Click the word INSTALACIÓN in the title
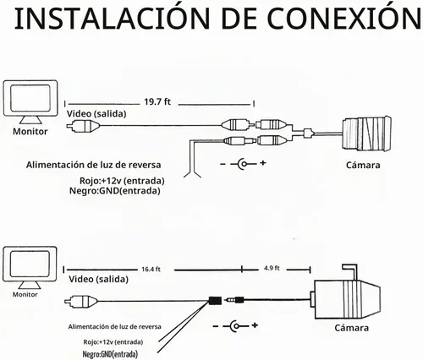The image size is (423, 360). [x=112, y=18]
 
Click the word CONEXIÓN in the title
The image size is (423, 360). [x=344, y=18]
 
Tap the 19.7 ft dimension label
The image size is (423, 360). [x=157, y=101]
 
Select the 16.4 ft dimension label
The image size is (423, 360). [x=151, y=270]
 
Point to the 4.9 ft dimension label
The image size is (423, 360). [x=272, y=268]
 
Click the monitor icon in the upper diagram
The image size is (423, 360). [x=30, y=102]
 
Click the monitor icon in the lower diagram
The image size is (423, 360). [x=30, y=268]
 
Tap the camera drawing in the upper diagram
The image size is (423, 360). [x=366, y=133]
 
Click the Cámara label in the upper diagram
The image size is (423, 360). [x=363, y=165]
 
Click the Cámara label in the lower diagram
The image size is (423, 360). [x=351, y=328]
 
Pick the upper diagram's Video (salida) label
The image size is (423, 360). [x=96, y=114]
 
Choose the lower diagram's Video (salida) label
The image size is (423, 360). [x=98, y=279]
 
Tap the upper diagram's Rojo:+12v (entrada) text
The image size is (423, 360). [x=122, y=180]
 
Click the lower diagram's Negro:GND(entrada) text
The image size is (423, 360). [x=110, y=354]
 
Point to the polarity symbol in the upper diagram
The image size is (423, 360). [x=243, y=163]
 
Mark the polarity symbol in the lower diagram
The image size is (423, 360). [x=235, y=326]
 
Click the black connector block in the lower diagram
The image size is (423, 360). [x=215, y=300]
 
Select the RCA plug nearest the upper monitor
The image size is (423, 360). [x=83, y=126]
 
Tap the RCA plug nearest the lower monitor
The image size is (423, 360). [x=81, y=302]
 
